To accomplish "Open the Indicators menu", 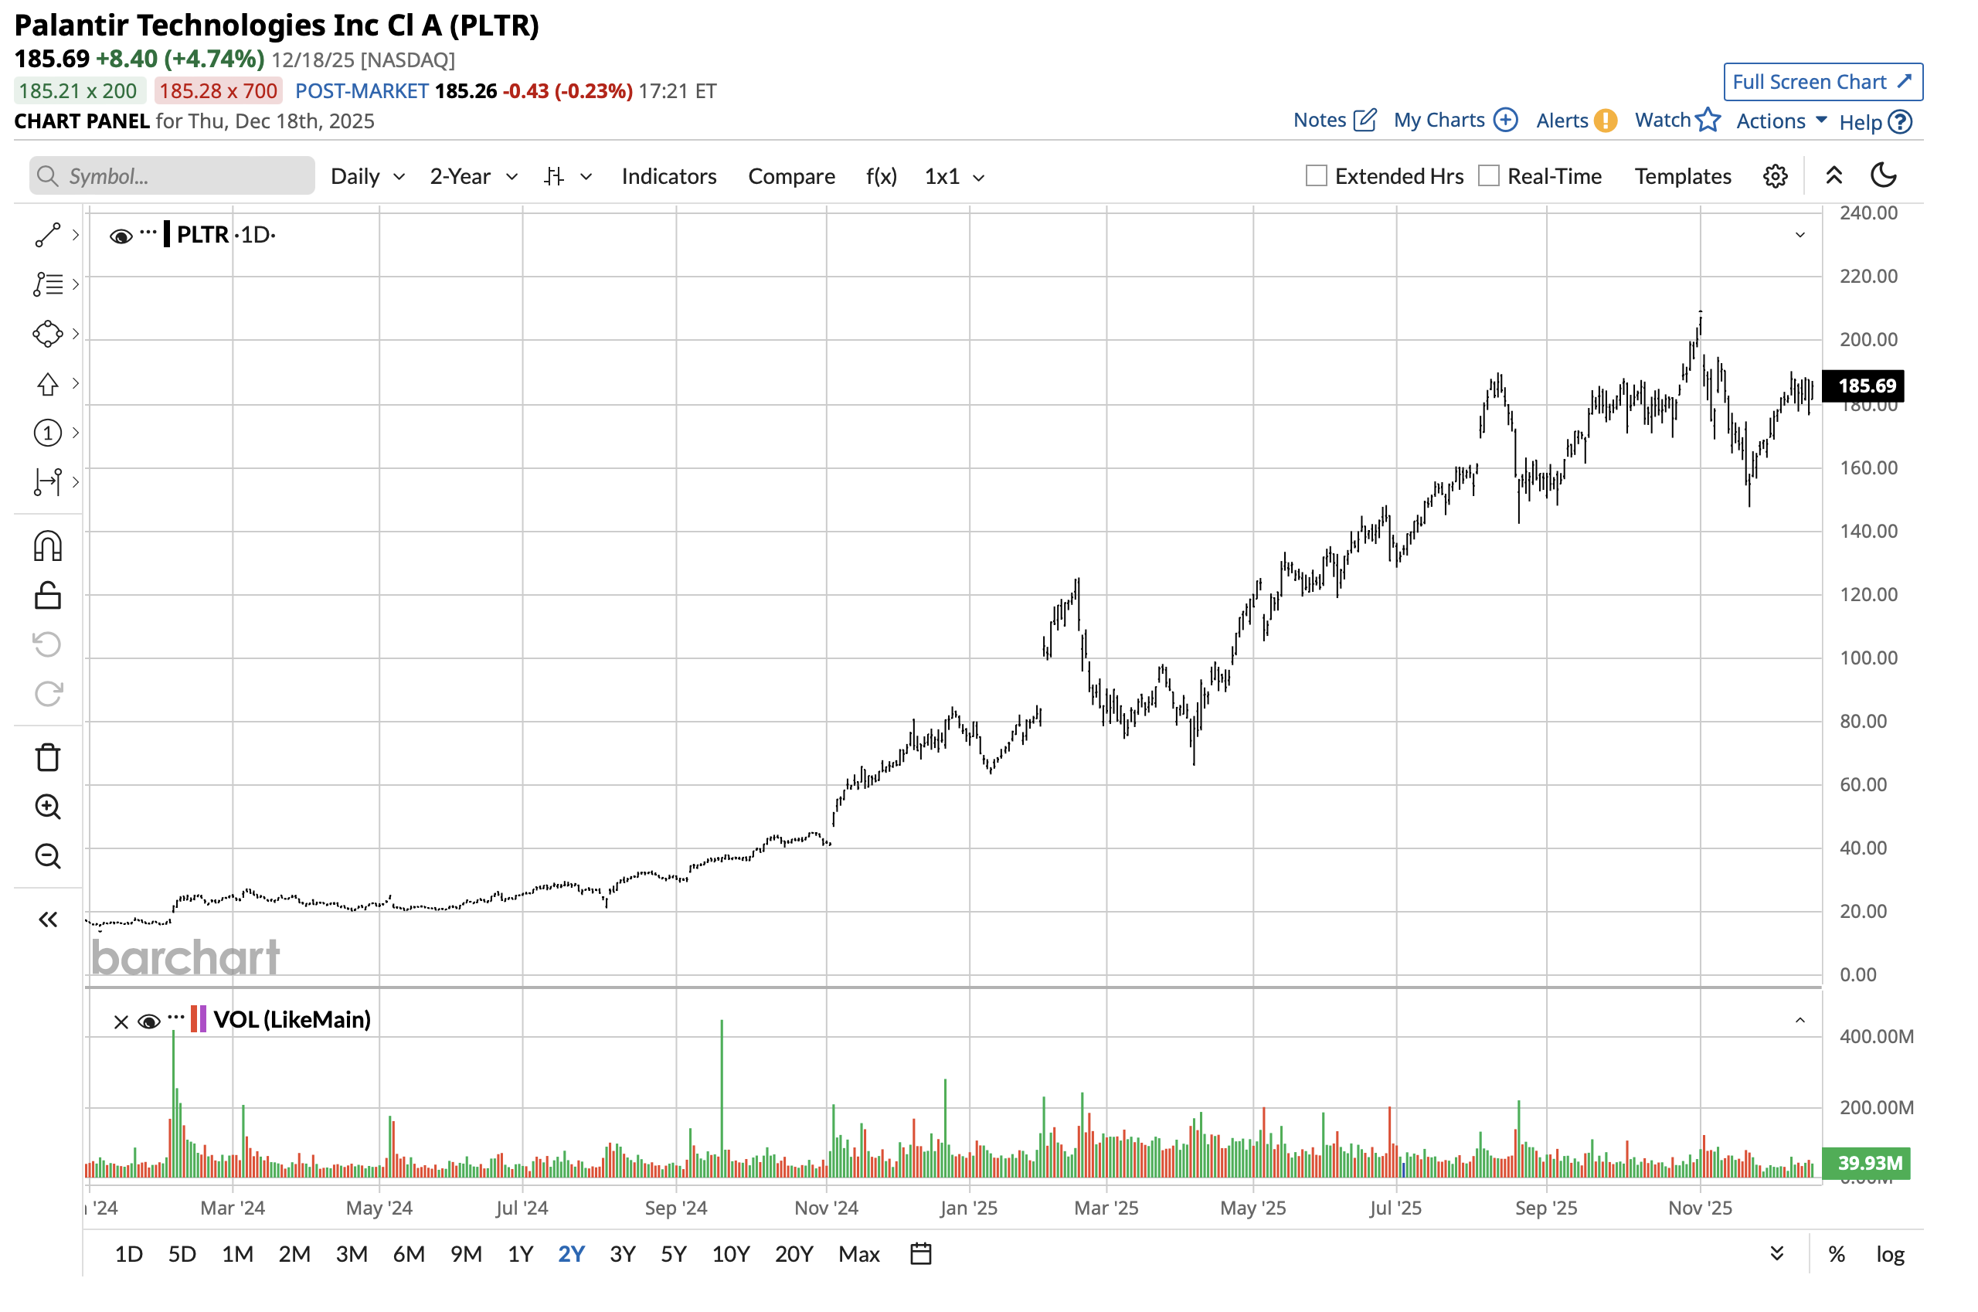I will click(x=668, y=176).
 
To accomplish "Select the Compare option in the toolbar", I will click(x=790, y=176).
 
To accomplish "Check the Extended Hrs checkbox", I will click(x=1316, y=175).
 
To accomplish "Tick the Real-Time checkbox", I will click(x=1488, y=175).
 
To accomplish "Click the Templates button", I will click(x=1683, y=176).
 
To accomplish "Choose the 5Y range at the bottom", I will click(x=674, y=1253).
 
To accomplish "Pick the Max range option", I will click(x=858, y=1253).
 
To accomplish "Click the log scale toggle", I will click(x=1889, y=1253).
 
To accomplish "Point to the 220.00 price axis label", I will click(x=1868, y=276).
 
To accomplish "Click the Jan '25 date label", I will click(x=968, y=1208).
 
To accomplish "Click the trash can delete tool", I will click(x=48, y=757).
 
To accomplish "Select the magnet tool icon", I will click(x=48, y=546).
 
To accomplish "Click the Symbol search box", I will click(x=172, y=176).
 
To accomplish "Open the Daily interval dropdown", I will click(x=367, y=176).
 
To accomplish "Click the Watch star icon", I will click(x=1708, y=121).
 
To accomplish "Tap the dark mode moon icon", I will click(x=1883, y=175).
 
